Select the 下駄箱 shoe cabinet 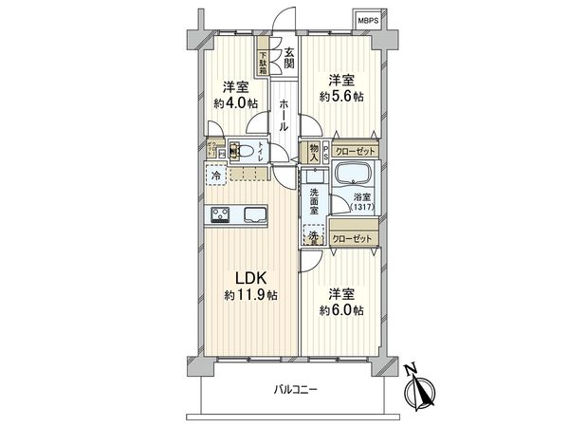click(264, 64)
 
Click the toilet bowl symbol click(244, 149)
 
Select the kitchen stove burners click(220, 214)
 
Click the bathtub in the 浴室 click(356, 176)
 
